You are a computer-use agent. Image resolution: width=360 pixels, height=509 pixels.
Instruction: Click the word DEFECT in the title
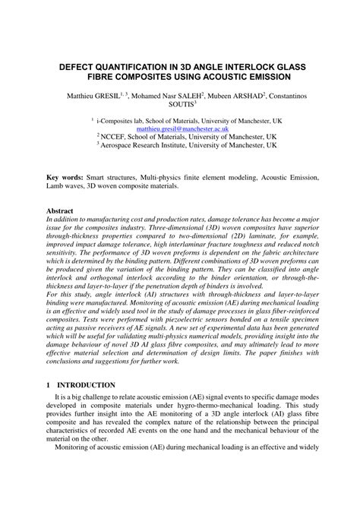point(81,66)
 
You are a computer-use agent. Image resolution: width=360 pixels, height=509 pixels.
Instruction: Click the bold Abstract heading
point(60,210)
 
